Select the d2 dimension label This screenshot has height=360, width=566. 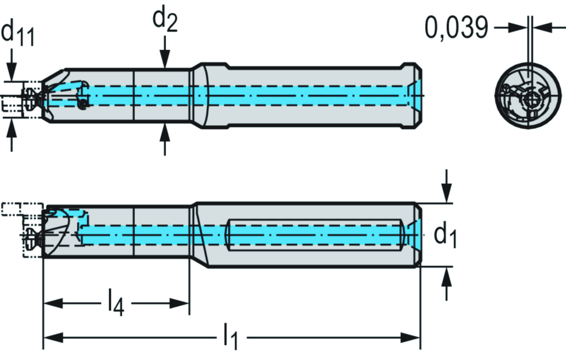(165, 22)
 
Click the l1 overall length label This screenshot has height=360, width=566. (230, 338)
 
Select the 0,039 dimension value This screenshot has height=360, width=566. (457, 28)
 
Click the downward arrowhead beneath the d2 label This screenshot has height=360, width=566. (164, 61)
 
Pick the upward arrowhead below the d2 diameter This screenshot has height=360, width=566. (164, 132)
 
